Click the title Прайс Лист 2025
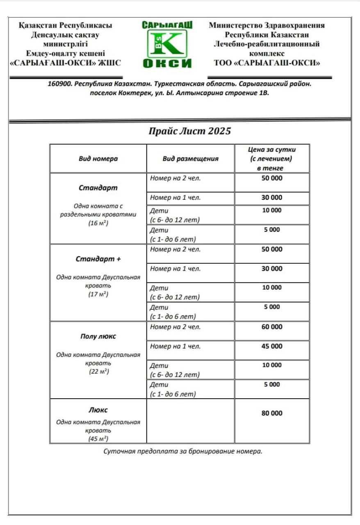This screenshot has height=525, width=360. click(x=189, y=131)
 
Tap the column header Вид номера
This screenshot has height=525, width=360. click(x=98, y=159)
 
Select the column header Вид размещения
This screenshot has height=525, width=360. click(x=190, y=159)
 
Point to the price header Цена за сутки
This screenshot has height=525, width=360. click(x=272, y=150)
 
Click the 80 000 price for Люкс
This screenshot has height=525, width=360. click(x=272, y=413)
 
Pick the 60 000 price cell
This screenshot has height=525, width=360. click(x=272, y=327)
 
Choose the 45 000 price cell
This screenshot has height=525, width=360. click(x=272, y=346)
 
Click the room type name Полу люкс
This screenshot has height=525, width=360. click(x=98, y=336)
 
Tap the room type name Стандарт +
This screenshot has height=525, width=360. click(x=98, y=259)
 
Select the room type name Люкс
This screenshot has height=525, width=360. click(x=98, y=410)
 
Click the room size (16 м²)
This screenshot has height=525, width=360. click(x=98, y=224)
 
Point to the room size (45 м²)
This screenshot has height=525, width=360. click(x=98, y=439)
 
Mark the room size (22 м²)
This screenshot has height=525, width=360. click(x=98, y=372)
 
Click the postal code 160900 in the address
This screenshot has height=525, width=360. click(x=60, y=84)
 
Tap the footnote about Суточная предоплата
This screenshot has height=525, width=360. click(x=182, y=452)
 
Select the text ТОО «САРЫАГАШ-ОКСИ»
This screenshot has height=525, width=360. click(x=267, y=63)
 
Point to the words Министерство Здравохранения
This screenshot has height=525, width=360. click(x=267, y=25)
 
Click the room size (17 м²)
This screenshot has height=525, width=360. click(x=98, y=294)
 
